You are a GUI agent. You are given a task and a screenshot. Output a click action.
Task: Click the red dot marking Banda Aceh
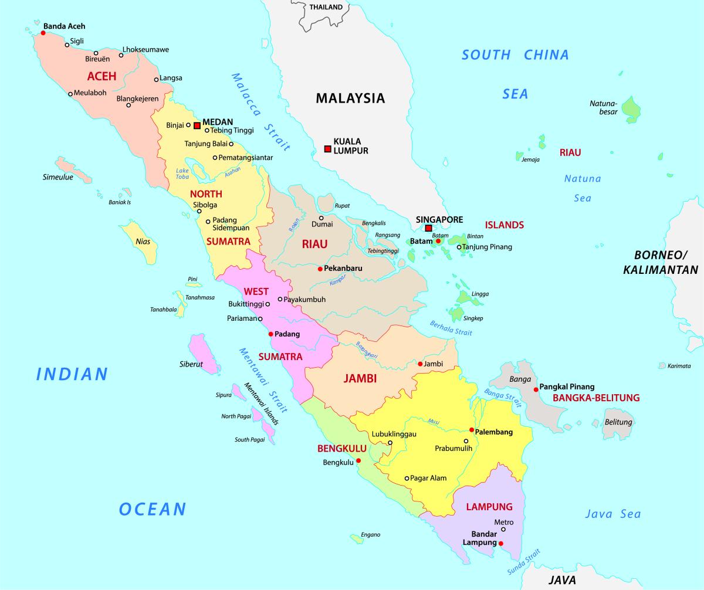pyautogui.click(x=43, y=33)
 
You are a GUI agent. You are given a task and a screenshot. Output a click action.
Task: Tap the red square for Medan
pyautogui.click(x=197, y=125)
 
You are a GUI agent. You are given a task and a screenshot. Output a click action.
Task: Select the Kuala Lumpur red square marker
pyautogui.click(x=327, y=149)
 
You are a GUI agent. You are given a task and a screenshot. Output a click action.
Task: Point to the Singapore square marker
pyautogui.click(x=429, y=228)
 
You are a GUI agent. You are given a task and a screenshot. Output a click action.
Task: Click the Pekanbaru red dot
pyautogui.click(x=320, y=269)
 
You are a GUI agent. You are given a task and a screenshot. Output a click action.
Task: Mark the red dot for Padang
pyautogui.click(x=270, y=334)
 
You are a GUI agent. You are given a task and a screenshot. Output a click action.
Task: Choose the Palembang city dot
pyautogui.click(x=471, y=430)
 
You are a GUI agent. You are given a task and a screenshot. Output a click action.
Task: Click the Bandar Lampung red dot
pyautogui.click(x=501, y=544)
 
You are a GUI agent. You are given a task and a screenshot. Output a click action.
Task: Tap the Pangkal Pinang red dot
pyautogui.click(x=536, y=389)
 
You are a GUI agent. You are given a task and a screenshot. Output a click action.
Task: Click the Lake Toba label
pyautogui.click(x=182, y=174)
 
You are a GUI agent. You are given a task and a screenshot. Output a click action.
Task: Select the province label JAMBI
pyautogui.click(x=360, y=379)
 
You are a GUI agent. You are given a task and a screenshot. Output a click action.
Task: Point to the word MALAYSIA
pyautogui.click(x=350, y=98)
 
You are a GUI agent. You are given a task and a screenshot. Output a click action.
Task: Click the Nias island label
pyautogui.click(x=143, y=241)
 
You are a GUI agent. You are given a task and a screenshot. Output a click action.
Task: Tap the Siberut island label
pyautogui.click(x=191, y=364)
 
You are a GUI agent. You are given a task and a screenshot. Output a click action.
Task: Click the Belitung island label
pyautogui.click(x=618, y=422)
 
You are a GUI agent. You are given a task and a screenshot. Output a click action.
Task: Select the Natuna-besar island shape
pyautogui.click(x=631, y=109)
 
